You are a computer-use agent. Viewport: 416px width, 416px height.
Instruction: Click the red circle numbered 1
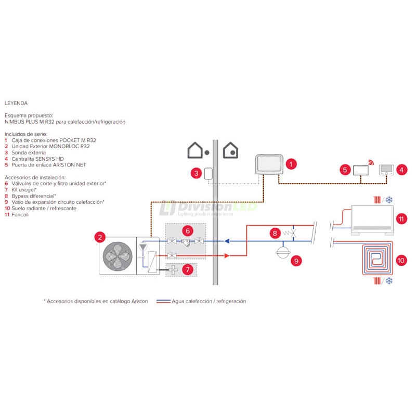291,164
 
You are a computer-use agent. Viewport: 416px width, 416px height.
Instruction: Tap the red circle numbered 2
99,238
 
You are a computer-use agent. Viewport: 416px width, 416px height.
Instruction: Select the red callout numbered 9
296,261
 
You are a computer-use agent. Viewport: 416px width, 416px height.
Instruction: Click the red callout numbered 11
401,218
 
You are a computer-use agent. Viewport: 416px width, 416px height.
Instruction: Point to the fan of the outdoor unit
118,256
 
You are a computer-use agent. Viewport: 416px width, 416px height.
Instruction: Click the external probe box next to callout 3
208,173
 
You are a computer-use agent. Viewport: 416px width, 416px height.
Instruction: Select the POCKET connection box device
269,164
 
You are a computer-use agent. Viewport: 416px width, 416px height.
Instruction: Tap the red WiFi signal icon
371,162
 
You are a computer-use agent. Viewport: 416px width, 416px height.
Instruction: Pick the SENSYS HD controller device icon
386,170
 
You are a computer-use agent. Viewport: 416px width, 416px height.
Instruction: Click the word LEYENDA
16,103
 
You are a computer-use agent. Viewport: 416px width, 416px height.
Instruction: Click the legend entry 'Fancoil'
20,215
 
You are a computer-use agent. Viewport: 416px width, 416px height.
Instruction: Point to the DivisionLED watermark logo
208,206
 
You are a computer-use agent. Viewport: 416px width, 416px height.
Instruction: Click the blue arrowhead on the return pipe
227,241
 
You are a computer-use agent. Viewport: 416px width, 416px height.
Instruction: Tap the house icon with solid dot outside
198,151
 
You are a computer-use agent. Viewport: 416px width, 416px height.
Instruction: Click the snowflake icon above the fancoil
388,199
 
